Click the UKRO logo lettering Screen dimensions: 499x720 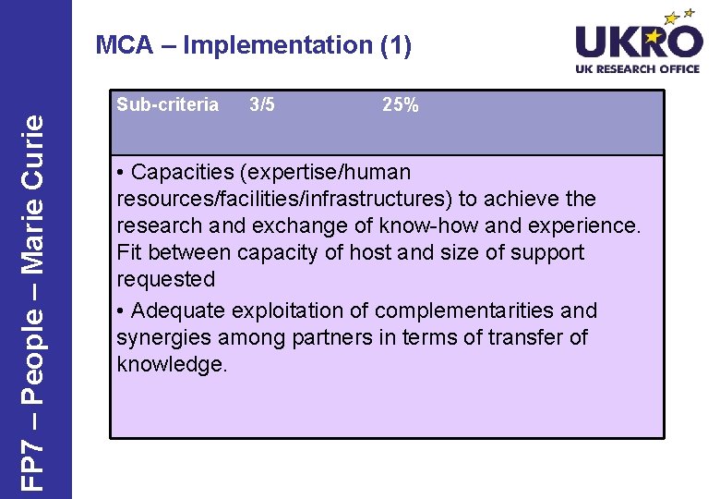pos(638,42)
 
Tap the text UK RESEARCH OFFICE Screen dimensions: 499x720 pos(638,69)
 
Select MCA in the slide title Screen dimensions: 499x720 pos(125,44)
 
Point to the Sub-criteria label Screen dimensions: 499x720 pos(167,104)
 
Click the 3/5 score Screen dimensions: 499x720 pos(262,104)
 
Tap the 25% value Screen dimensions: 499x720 pos(401,104)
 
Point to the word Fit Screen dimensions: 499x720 pos(128,252)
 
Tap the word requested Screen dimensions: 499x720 pos(165,279)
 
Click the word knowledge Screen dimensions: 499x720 pos(172,364)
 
